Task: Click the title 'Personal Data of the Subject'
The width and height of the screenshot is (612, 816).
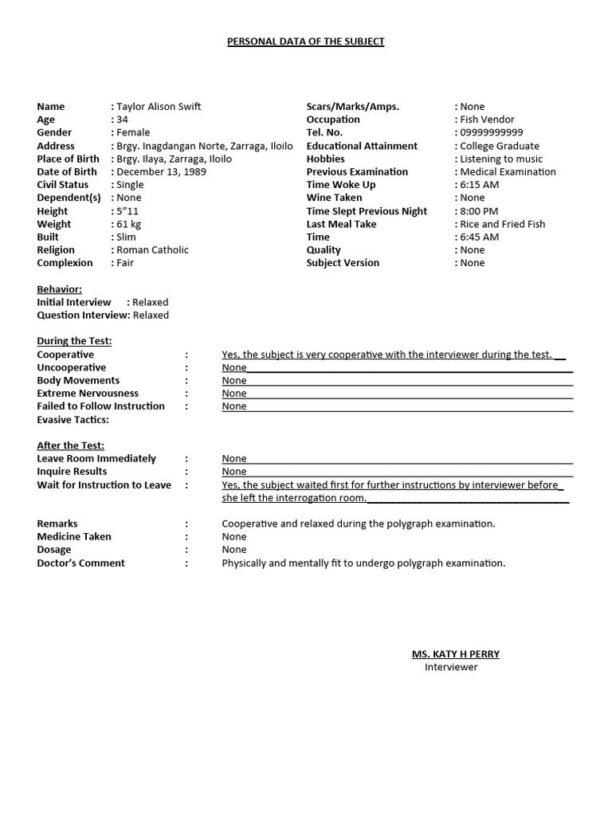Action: click(306, 41)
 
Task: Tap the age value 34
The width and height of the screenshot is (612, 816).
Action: click(123, 120)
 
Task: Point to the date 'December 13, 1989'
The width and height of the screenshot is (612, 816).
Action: click(159, 172)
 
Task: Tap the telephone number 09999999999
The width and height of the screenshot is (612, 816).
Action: click(492, 133)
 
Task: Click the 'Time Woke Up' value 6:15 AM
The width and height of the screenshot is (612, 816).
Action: click(480, 185)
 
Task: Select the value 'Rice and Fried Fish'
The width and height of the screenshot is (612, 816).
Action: click(502, 224)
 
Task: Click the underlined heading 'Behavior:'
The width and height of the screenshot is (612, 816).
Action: click(59, 289)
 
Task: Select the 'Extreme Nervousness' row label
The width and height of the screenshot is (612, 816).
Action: click(88, 394)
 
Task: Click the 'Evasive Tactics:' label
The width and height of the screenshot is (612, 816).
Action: click(73, 420)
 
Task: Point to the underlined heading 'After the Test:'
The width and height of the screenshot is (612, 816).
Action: click(70, 445)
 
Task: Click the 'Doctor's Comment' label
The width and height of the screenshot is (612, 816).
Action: click(80, 563)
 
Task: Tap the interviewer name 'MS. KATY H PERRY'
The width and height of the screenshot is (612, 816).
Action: click(455, 654)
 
